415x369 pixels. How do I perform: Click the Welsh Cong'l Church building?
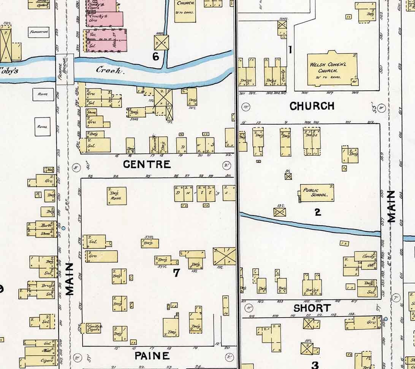point(331,68)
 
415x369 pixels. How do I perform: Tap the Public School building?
point(317,193)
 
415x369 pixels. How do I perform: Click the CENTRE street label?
point(147,165)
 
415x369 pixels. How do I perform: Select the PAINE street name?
point(152,356)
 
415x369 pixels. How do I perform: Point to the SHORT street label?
point(312,308)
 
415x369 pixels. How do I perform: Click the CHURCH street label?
point(312,106)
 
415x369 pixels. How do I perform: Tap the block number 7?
point(176,273)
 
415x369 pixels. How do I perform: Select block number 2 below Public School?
point(318,212)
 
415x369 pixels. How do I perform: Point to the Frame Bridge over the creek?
point(64,69)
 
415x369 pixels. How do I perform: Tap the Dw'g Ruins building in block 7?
point(117,196)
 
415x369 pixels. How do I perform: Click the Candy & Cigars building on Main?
point(92,328)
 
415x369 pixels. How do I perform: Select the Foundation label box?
point(39,33)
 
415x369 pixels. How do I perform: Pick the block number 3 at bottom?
point(315,365)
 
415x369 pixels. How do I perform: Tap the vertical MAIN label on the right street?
point(392,206)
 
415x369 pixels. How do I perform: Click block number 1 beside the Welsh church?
point(290,50)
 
